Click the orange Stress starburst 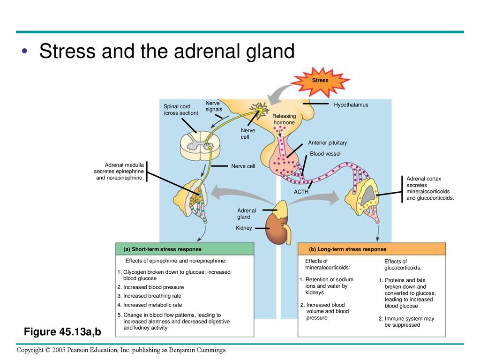(x=320, y=81)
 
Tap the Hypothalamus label (x=351, y=105)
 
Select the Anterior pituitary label (x=327, y=142)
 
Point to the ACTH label (x=301, y=192)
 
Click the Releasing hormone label (x=284, y=119)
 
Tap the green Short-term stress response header (x=185, y=249)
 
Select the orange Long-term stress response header (x=372, y=249)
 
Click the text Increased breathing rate (x=152, y=296)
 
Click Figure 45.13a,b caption (x=62, y=331)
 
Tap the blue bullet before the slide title (x=24, y=51)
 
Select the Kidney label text (x=244, y=228)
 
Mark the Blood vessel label (x=325, y=154)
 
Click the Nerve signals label (x=214, y=106)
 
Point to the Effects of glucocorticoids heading (x=403, y=264)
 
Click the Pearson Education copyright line (x=121, y=350)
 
